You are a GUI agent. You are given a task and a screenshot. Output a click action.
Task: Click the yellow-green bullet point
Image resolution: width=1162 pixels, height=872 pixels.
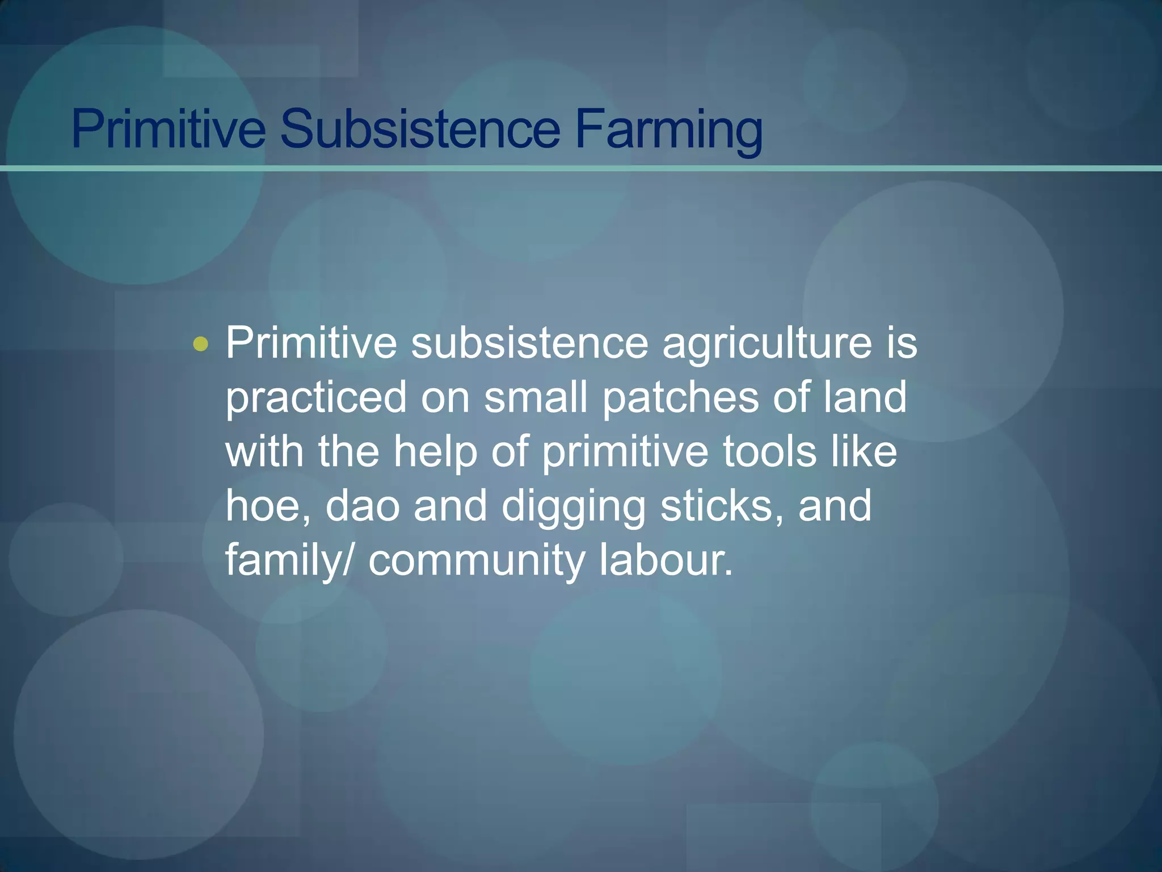[200, 344]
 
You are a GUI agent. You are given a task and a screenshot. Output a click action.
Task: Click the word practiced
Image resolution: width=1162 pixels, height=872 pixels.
[316, 398]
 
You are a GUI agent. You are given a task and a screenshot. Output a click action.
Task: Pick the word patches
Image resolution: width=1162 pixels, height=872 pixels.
[680, 397]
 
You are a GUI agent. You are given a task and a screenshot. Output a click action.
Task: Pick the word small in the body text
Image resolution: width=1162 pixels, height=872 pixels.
[535, 397]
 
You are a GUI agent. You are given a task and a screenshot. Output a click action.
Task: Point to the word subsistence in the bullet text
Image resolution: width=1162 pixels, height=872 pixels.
[529, 343]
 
